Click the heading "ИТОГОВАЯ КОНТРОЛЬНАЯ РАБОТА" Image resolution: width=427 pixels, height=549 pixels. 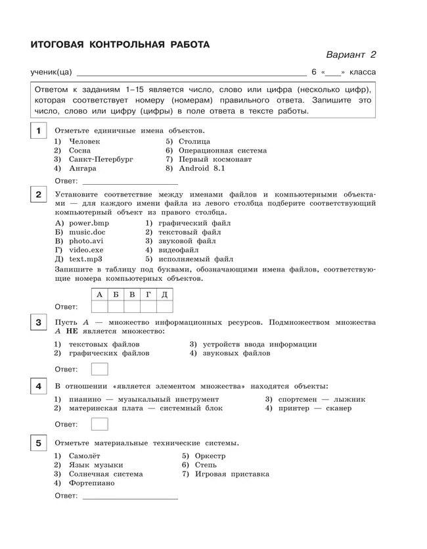tap(120, 45)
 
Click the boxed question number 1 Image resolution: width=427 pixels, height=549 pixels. tap(39, 131)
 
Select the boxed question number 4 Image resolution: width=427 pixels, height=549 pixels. tap(39, 387)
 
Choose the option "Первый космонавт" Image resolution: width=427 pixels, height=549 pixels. tap(214, 159)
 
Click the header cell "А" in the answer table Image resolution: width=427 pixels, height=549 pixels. tap(99, 295)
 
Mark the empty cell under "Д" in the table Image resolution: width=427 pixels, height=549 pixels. tap(165, 306)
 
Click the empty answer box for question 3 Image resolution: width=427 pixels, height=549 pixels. tap(99, 369)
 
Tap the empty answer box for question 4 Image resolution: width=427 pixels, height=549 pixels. tap(99, 424)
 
